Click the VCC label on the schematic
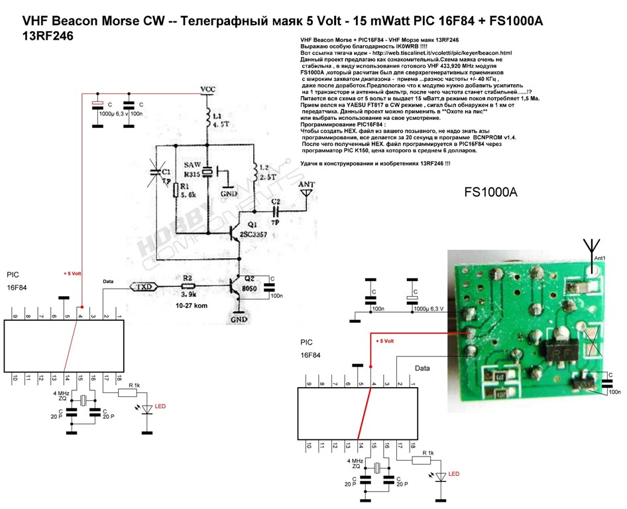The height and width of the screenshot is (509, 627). coord(208,89)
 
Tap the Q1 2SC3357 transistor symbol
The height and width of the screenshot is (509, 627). coord(231,231)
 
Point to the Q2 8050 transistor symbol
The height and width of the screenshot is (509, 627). coord(233,286)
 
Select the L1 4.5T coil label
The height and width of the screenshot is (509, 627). coord(219,118)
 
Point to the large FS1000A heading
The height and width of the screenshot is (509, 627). coord(490,194)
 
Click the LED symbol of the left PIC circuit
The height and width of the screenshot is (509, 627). coord(144,410)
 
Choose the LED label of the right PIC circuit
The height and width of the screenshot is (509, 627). coord(454,474)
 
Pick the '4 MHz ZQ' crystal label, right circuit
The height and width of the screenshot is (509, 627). coord(355,463)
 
